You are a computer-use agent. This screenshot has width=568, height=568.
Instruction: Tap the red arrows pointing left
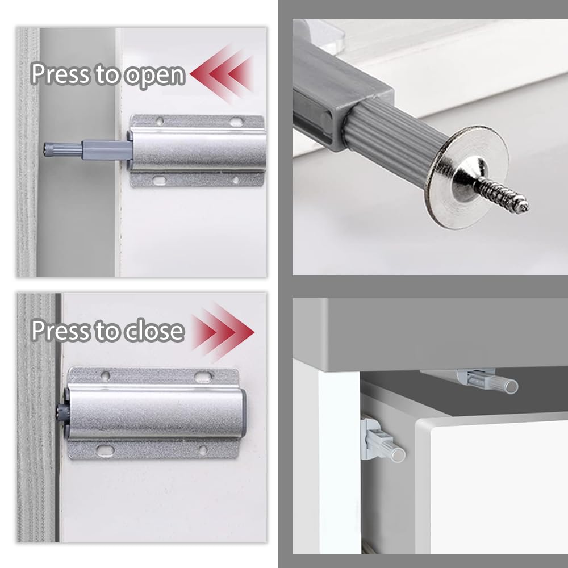[222, 73]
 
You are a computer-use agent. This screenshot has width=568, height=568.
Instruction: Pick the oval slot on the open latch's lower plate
[161, 180]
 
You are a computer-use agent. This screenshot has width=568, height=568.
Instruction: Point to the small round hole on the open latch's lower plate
[235, 181]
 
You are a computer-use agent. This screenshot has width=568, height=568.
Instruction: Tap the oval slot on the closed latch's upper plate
[203, 376]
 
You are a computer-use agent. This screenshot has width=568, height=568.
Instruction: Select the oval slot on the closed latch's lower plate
[105, 450]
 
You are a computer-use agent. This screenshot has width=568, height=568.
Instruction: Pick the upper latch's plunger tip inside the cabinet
[509, 386]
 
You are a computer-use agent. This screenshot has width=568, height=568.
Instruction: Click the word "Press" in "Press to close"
[57, 331]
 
